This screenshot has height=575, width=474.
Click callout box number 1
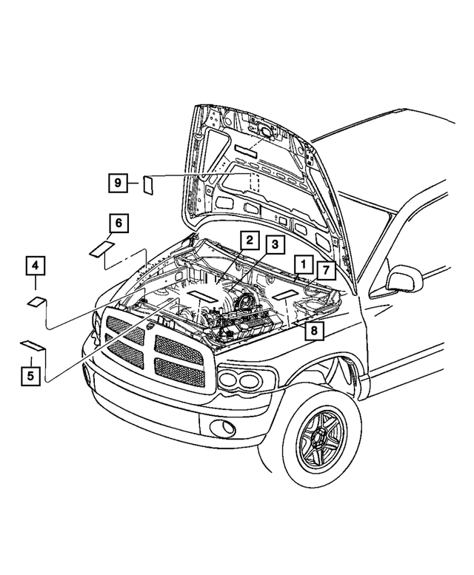(x=302, y=264)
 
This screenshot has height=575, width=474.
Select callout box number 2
(x=250, y=240)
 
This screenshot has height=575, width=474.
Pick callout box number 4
(x=35, y=264)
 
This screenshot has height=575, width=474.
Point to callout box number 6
(x=118, y=223)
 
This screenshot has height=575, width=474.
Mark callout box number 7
(x=327, y=269)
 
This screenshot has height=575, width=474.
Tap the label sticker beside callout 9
(x=148, y=184)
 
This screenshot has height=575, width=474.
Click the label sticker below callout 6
(x=101, y=248)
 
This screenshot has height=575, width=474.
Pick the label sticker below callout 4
(x=36, y=300)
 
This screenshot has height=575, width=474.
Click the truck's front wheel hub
(x=321, y=444)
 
